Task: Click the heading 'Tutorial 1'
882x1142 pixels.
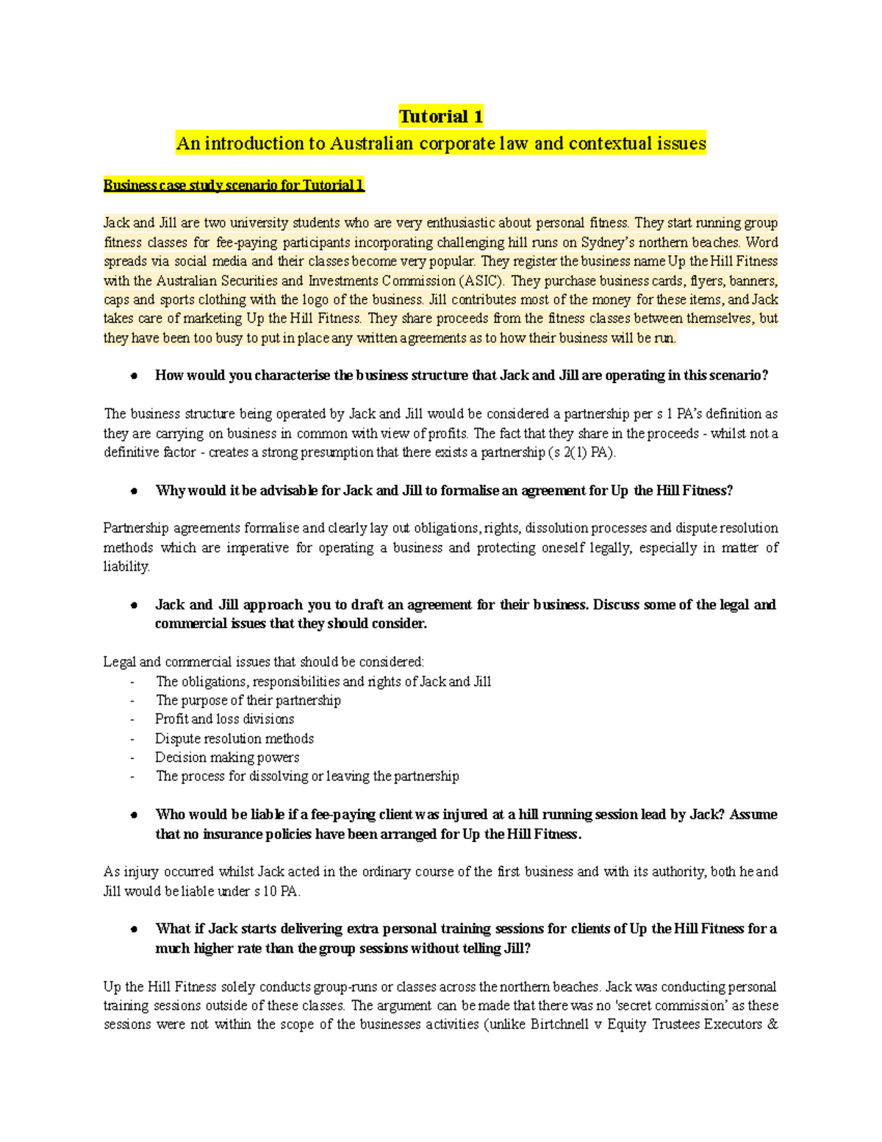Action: pos(440,116)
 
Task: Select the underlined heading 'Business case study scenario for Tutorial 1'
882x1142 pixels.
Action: pos(234,185)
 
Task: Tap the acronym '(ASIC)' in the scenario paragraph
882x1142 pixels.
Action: pos(481,281)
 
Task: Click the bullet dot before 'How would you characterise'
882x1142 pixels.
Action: pos(134,376)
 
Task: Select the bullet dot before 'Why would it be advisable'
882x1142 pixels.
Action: pos(134,491)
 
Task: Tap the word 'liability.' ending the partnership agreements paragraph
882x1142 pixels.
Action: pos(126,567)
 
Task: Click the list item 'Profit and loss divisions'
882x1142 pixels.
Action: pos(224,719)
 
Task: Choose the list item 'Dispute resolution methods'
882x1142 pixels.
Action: pos(234,738)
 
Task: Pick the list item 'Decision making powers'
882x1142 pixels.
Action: pos(226,757)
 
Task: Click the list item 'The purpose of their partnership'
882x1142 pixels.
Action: pos(248,700)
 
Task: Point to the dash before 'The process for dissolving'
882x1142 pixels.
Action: pos(132,777)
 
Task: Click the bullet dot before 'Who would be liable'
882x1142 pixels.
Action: pos(134,815)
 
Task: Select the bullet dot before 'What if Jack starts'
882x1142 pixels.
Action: pos(134,929)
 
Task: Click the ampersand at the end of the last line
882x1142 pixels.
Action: pos(772,1025)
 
